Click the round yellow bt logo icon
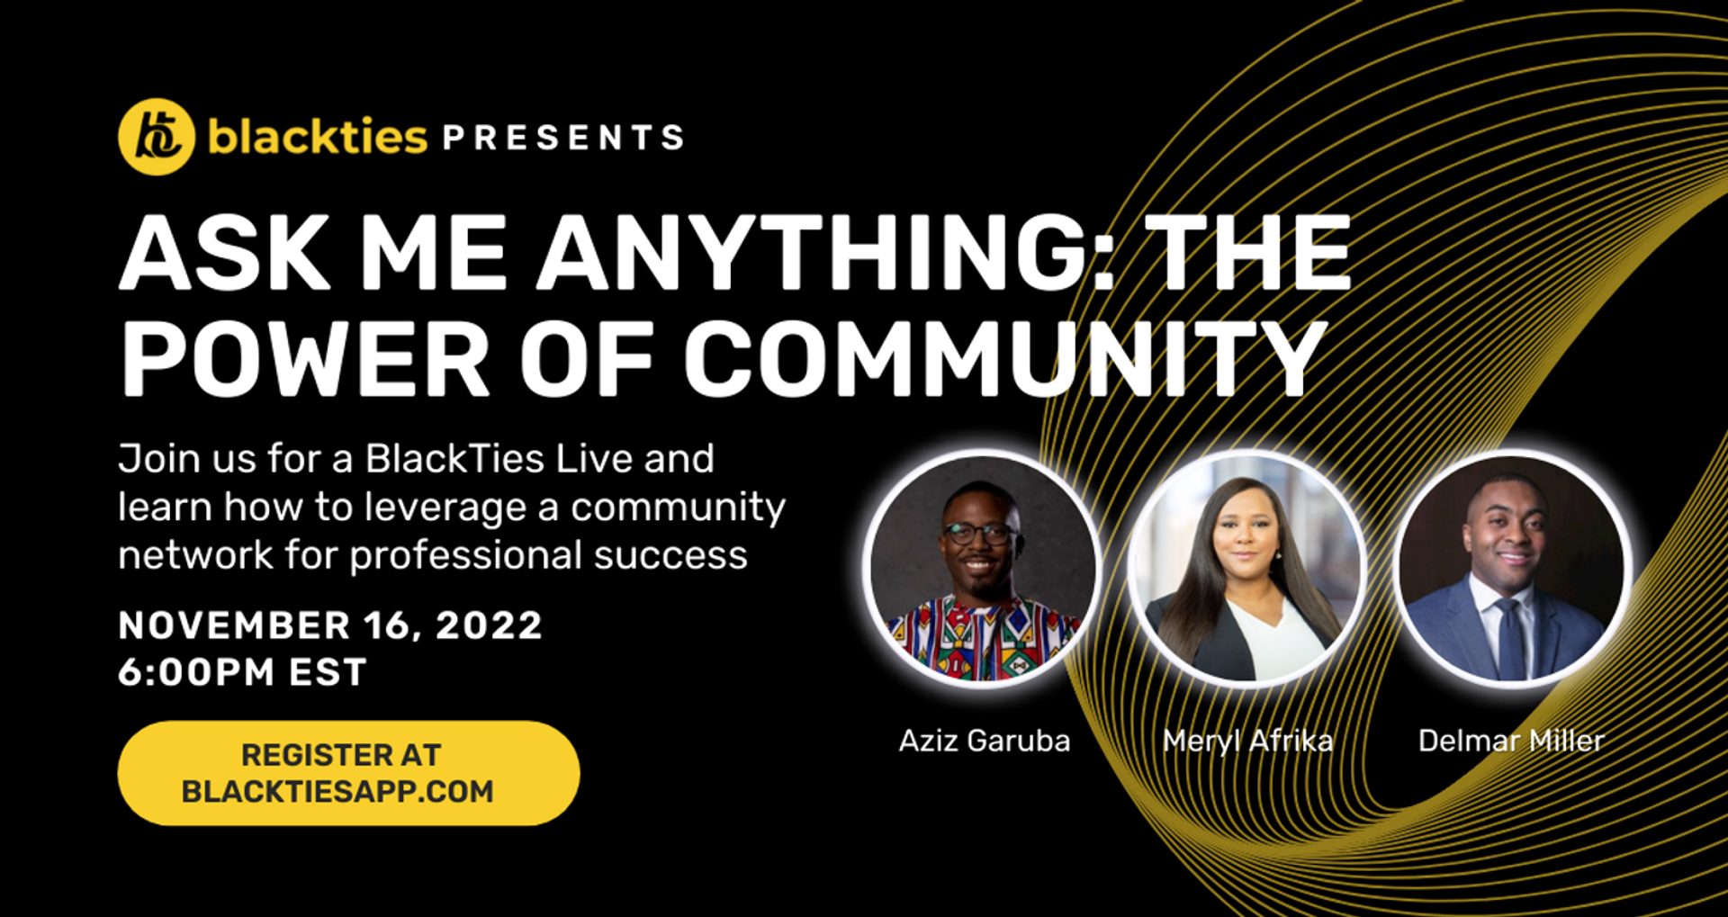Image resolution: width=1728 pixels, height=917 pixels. point(157,137)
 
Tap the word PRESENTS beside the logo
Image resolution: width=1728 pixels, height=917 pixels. point(563,138)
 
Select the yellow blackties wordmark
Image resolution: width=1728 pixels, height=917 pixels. point(318,137)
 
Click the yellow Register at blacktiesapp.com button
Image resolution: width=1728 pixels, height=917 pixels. point(348,773)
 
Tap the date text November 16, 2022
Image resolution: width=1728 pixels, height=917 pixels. point(330,625)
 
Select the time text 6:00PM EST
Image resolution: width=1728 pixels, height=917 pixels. point(242,672)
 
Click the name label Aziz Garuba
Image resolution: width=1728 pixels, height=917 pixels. point(985,741)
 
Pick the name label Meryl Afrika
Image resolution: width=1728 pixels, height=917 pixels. point(1247,741)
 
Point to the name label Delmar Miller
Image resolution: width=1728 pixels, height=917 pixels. point(1511,741)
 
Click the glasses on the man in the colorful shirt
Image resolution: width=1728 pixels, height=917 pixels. point(981,534)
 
